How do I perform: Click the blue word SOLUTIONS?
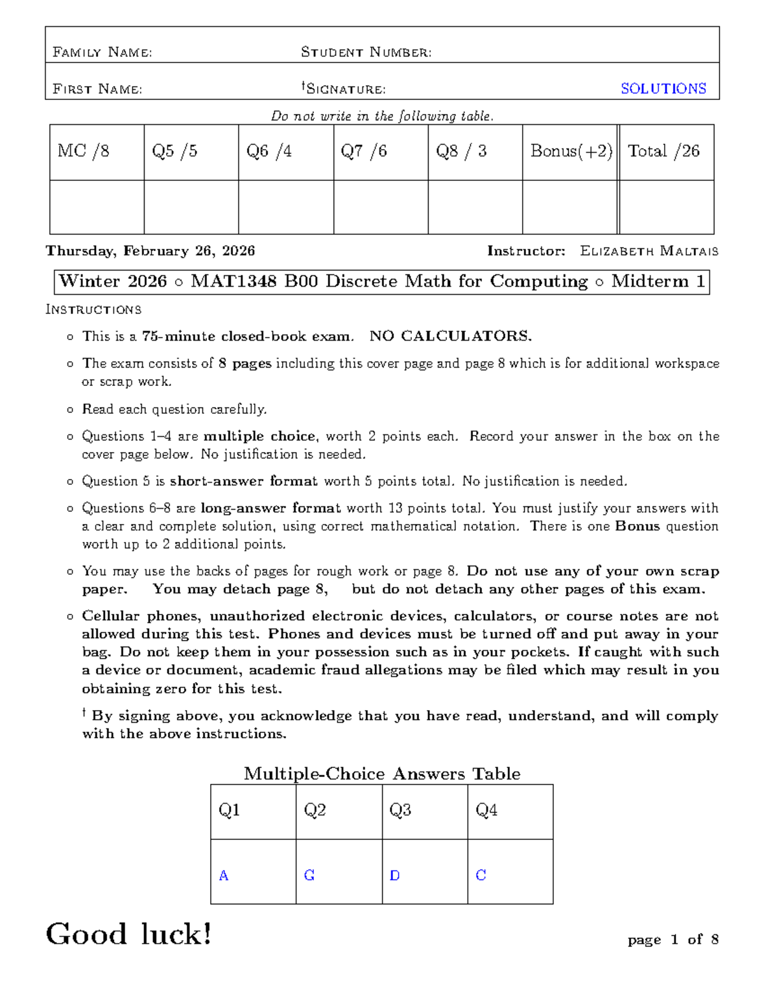pos(663,89)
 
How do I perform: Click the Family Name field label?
pos(102,52)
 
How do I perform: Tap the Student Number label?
pos(366,52)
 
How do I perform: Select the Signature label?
pos(344,89)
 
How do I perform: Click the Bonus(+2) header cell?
pos(571,151)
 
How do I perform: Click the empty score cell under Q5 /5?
pos(191,207)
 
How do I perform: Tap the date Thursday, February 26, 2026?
pos(150,251)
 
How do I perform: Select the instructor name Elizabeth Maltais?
pos(649,251)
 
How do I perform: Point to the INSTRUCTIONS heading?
pos(94,310)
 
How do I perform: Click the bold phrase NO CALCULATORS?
pos(450,336)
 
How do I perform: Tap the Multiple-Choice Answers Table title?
pos(382,774)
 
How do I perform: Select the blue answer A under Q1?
pos(223,876)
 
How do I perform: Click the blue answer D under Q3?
pos(395,876)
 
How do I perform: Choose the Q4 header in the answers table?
pos(486,810)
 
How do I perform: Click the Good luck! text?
pos(129,934)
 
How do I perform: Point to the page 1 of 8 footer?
pos(673,939)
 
